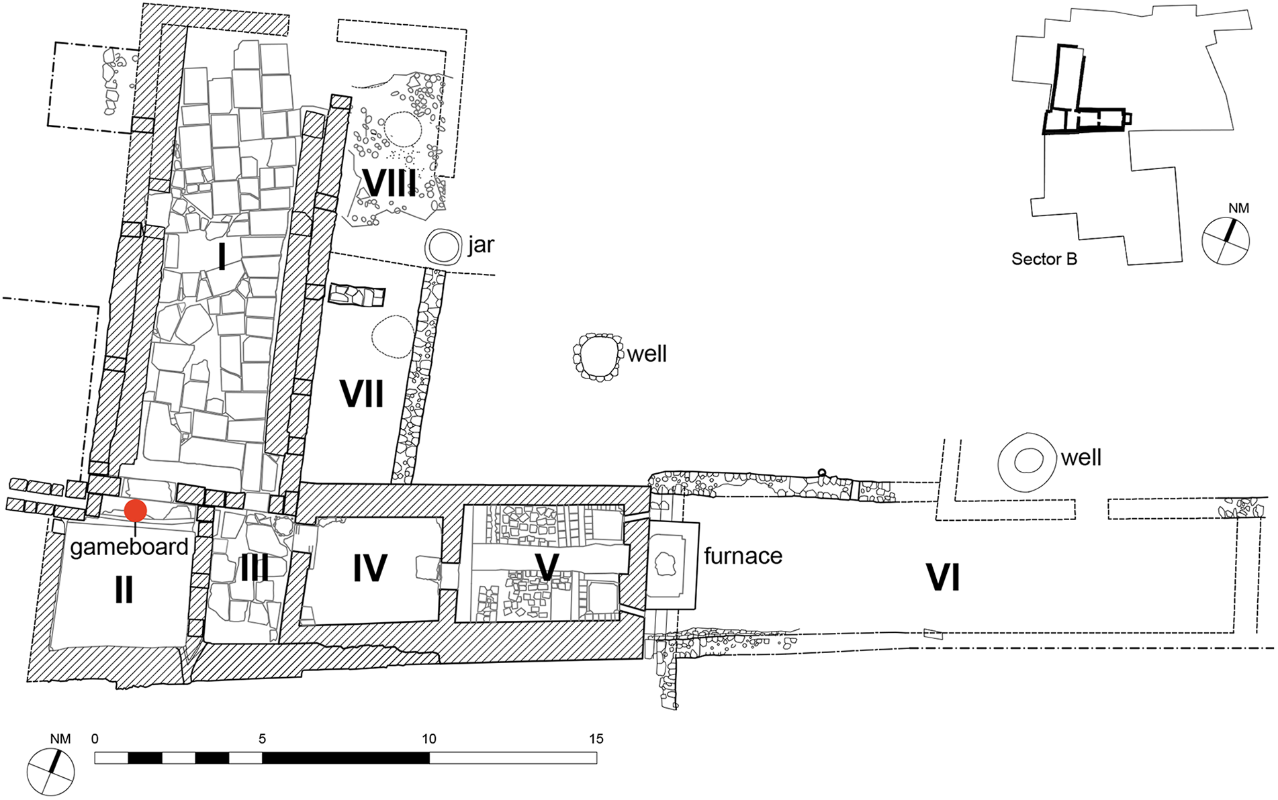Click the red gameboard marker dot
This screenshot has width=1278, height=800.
click(x=136, y=511)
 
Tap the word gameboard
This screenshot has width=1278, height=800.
click(x=130, y=548)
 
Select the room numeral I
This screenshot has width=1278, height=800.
click(x=222, y=256)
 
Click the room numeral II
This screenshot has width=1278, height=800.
click(x=124, y=591)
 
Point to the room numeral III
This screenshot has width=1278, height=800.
click(x=255, y=569)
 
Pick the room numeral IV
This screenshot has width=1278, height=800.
click(x=370, y=568)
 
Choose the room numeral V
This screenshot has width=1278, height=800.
click(x=547, y=568)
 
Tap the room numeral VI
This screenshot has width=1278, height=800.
click(x=943, y=577)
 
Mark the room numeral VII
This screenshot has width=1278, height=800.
click(x=362, y=394)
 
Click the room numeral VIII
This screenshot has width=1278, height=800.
click(x=390, y=183)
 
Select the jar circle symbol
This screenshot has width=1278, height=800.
click(x=443, y=247)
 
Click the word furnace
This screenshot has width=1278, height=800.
click(x=743, y=556)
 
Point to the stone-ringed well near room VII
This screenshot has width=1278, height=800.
click(x=596, y=357)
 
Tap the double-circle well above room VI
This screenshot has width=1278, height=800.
click(x=1028, y=462)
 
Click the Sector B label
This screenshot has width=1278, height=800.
click(x=1044, y=259)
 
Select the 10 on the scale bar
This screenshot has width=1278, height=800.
click(x=429, y=739)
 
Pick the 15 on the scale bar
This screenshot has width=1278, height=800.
click(x=596, y=739)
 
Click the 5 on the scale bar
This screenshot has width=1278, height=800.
click(x=262, y=739)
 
